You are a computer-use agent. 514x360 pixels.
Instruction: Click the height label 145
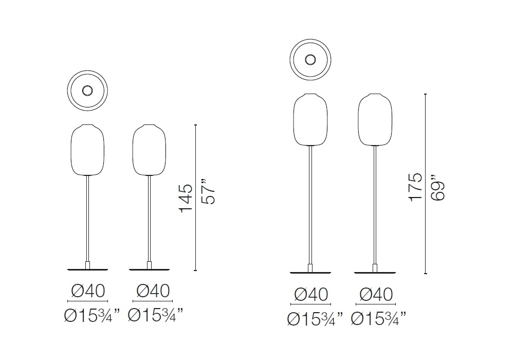[186, 198]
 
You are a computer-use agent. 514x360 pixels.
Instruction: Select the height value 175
[415, 187]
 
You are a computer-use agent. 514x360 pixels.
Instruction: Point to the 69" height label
[437, 187]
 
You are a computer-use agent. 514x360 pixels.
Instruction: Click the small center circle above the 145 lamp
[87, 91]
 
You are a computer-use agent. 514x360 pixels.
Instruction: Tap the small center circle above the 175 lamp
[310, 60]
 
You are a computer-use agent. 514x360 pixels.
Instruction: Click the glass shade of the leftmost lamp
[87, 150]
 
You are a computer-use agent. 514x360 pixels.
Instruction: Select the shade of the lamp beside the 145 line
[149, 150]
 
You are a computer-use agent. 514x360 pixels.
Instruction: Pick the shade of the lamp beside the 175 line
[375, 120]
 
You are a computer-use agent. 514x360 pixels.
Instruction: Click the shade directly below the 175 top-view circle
[310, 120]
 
